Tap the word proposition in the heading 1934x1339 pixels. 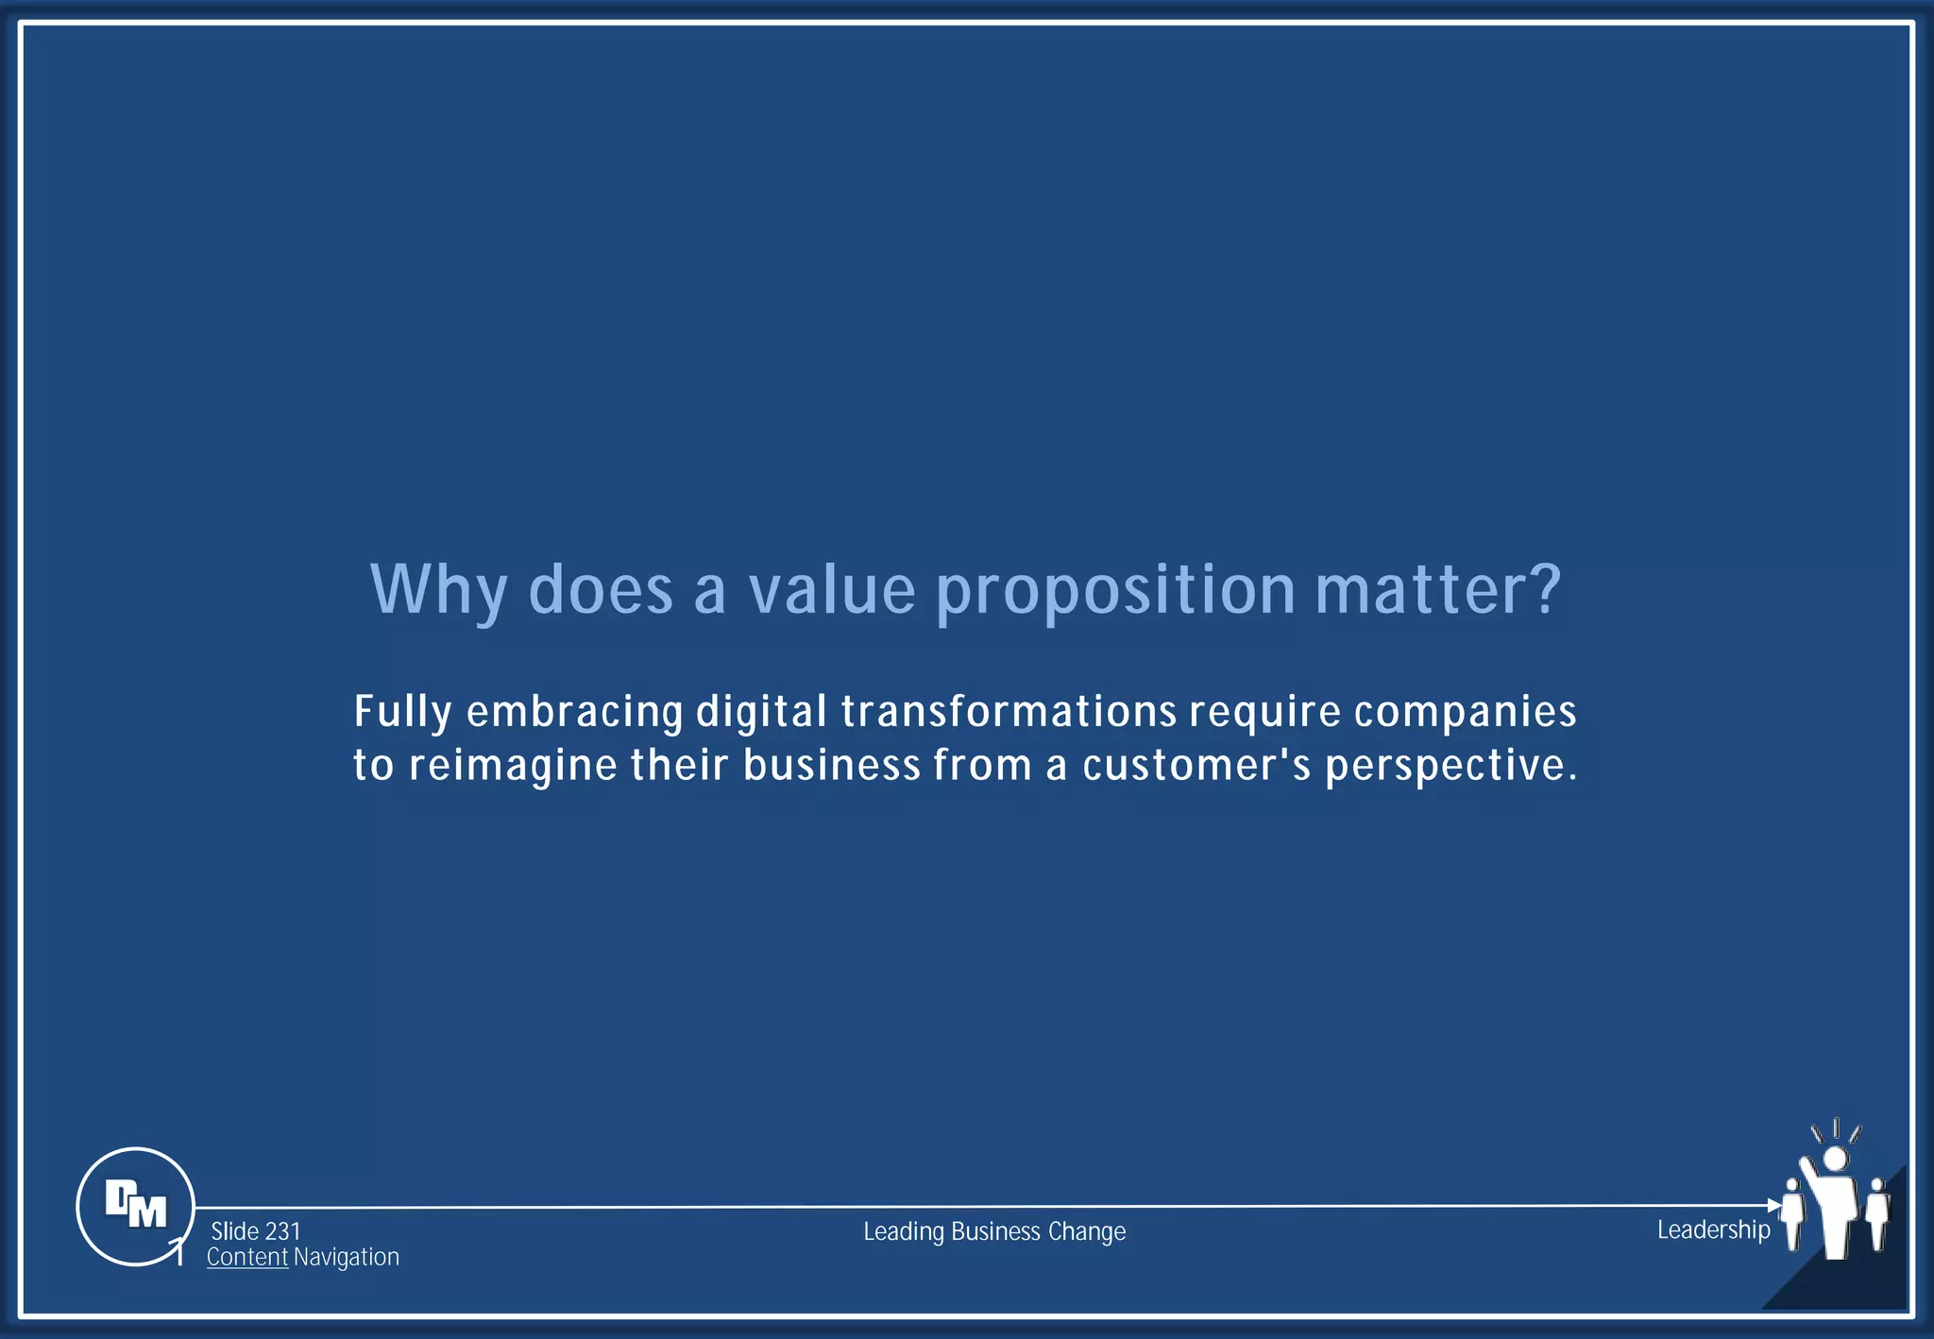tap(1115, 590)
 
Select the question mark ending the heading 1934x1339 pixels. tap(1543, 588)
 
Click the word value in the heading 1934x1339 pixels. tap(832, 590)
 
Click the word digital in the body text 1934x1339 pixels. tap(761, 712)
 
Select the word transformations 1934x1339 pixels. tap(1009, 712)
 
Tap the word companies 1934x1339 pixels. tap(1465, 712)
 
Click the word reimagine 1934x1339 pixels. tap(513, 766)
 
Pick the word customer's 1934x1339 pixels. tap(1196, 766)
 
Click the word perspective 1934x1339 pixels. tap(1450, 766)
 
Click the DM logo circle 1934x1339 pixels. tap(135, 1206)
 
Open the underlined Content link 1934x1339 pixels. tap(247, 1258)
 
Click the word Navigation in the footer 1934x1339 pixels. tap(347, 1258)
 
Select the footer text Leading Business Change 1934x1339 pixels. tap(994, 1231)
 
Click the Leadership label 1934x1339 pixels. tap(1713, 1229)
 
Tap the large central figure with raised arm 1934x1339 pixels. tap(1835, 1209)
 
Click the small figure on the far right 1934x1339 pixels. tap(1877, 1213)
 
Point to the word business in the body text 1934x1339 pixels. tap(831, 766)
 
